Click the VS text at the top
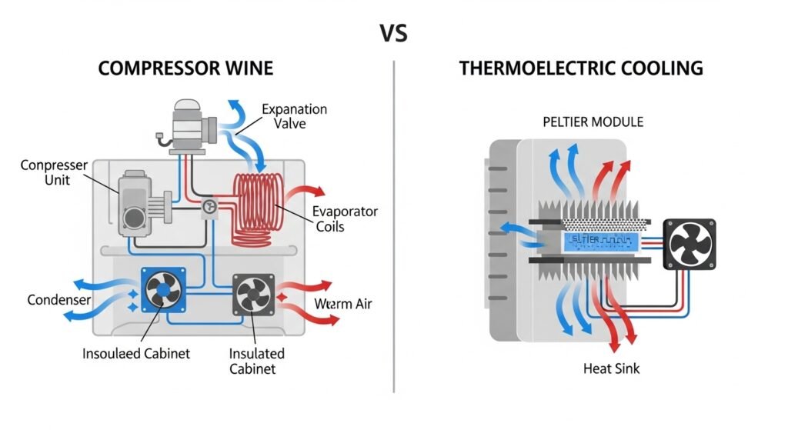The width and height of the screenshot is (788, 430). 393,33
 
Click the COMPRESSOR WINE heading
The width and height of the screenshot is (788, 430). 185,68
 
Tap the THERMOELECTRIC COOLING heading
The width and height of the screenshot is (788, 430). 581,68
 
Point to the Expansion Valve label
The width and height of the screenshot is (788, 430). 295,117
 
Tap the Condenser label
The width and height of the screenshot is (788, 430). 59,299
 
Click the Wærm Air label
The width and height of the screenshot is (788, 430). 343,304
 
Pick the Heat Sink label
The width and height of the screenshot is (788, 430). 612,368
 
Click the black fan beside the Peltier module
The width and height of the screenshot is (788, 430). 689,243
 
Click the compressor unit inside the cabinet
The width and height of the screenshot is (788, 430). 139,204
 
